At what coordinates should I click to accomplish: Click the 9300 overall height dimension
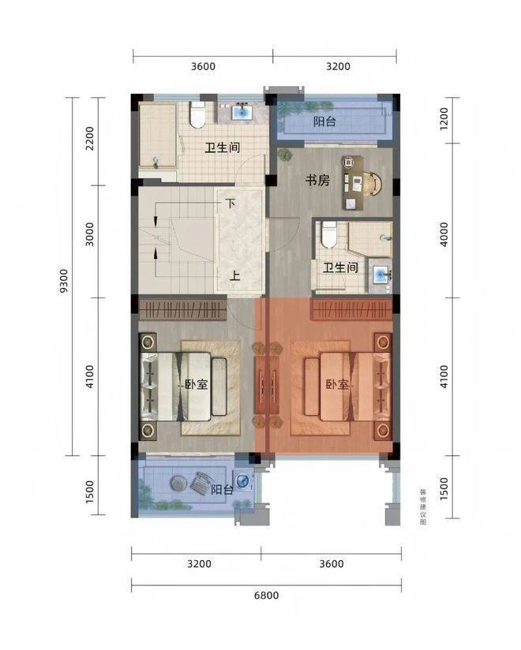click(63, 281)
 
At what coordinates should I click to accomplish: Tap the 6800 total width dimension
click(266, 596)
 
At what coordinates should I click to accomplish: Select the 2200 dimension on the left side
click(90, 139)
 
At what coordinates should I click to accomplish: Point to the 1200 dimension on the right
click(444, 119)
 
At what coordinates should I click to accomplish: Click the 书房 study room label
click(317, 181)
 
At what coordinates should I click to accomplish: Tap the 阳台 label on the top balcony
click(324, 121)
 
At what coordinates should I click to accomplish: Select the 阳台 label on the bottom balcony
click(222, 490)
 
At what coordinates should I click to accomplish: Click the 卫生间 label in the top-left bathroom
click(223, 148)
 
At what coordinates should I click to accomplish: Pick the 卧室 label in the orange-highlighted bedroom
click(337, 385)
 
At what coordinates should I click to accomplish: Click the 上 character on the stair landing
click(234, 275)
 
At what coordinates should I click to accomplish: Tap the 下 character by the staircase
click(231, 204)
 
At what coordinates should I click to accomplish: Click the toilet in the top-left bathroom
click(197, 115)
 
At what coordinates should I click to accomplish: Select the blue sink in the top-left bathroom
click(241, 112)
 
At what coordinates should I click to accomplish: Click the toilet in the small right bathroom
click(329, 234)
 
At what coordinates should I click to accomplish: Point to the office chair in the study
click(373, 183)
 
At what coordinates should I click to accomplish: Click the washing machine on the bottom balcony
click(243, 481)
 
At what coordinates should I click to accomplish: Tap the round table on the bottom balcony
click(178, 483)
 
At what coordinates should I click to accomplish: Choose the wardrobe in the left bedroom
click(182, 310)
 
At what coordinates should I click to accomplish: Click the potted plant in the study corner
click(285, 155)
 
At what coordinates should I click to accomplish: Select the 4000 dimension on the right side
click(444, 234)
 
